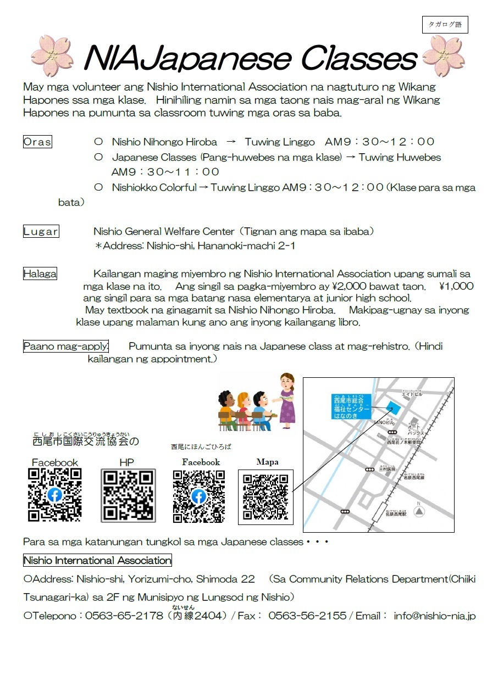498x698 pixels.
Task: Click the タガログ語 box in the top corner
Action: [445, 25]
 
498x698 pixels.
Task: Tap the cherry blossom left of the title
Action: [52, 56]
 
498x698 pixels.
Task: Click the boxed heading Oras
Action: [37, 142]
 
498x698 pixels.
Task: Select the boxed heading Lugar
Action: [41, 231]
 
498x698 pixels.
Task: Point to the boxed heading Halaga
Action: [40, 273]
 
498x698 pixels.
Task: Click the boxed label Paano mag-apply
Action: [66, 347]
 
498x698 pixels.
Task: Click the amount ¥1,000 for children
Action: [456, 286]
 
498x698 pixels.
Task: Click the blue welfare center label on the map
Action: [352, 407]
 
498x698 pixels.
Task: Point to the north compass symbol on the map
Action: [419, 511]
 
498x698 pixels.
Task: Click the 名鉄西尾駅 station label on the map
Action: [396, 514]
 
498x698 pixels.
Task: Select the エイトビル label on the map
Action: [411, 394]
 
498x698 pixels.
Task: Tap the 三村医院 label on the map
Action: [388, 469]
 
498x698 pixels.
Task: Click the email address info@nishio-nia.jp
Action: [434, 616]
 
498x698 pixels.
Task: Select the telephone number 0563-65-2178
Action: [124, 616]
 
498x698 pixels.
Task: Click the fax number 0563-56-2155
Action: [307, 616]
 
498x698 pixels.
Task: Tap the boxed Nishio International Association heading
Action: [97, 561]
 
